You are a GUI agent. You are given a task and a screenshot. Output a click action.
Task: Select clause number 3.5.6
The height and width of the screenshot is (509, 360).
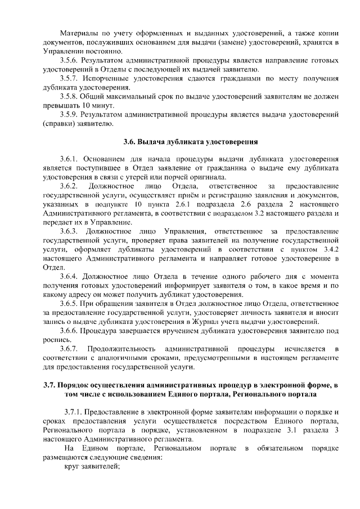70,60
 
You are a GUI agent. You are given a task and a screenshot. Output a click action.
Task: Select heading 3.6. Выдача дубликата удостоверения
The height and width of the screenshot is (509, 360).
191,141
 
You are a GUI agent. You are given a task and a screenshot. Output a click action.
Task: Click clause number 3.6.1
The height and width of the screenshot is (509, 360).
70,159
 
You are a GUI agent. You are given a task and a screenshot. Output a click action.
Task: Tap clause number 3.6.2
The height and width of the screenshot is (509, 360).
70,186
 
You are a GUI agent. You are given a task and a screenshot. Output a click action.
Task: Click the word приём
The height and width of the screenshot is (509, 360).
166,195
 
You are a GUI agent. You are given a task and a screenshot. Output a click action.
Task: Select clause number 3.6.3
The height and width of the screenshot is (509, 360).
70,231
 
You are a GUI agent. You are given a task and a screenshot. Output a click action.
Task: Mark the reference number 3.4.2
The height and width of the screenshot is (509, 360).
328,249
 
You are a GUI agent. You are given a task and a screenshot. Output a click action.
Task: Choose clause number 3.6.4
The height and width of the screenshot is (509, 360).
70,276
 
